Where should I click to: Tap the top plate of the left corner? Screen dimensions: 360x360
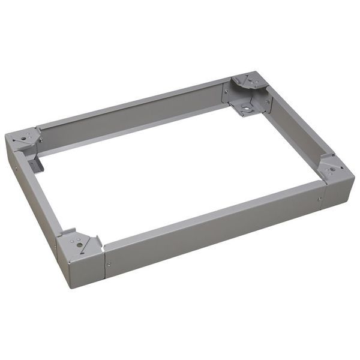point(23,138)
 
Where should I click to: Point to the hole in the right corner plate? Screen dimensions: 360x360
point(332,169)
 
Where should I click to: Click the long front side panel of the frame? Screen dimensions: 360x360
point(210,228)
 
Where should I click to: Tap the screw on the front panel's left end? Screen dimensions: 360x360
point(108,264)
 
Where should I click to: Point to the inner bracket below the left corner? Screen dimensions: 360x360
point(35,163)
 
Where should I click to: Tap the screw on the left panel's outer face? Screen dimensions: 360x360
point(16,169)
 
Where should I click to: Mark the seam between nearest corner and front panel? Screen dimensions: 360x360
point(103,264)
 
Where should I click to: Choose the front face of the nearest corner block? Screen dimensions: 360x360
point(81,267)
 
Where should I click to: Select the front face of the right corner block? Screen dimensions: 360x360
point(339,191)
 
